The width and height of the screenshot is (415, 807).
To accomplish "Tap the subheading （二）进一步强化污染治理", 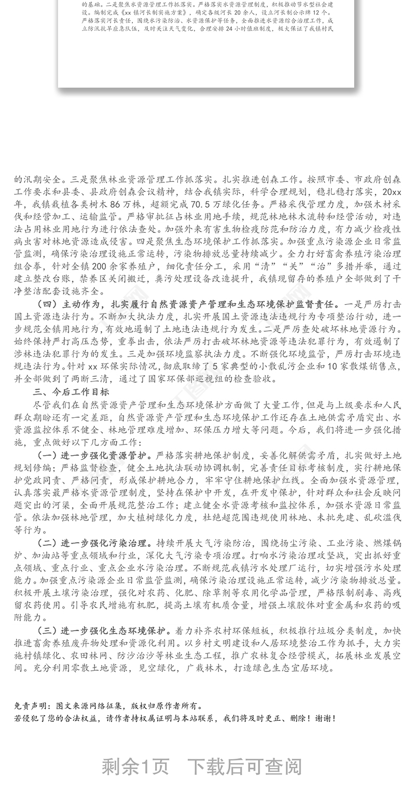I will tap(93, 543).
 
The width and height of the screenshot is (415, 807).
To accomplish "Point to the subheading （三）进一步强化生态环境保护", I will tap(104, 631).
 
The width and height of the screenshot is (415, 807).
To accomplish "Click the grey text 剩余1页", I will tap(135, 767).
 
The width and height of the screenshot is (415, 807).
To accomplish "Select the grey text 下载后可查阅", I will tap(244, 767).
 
